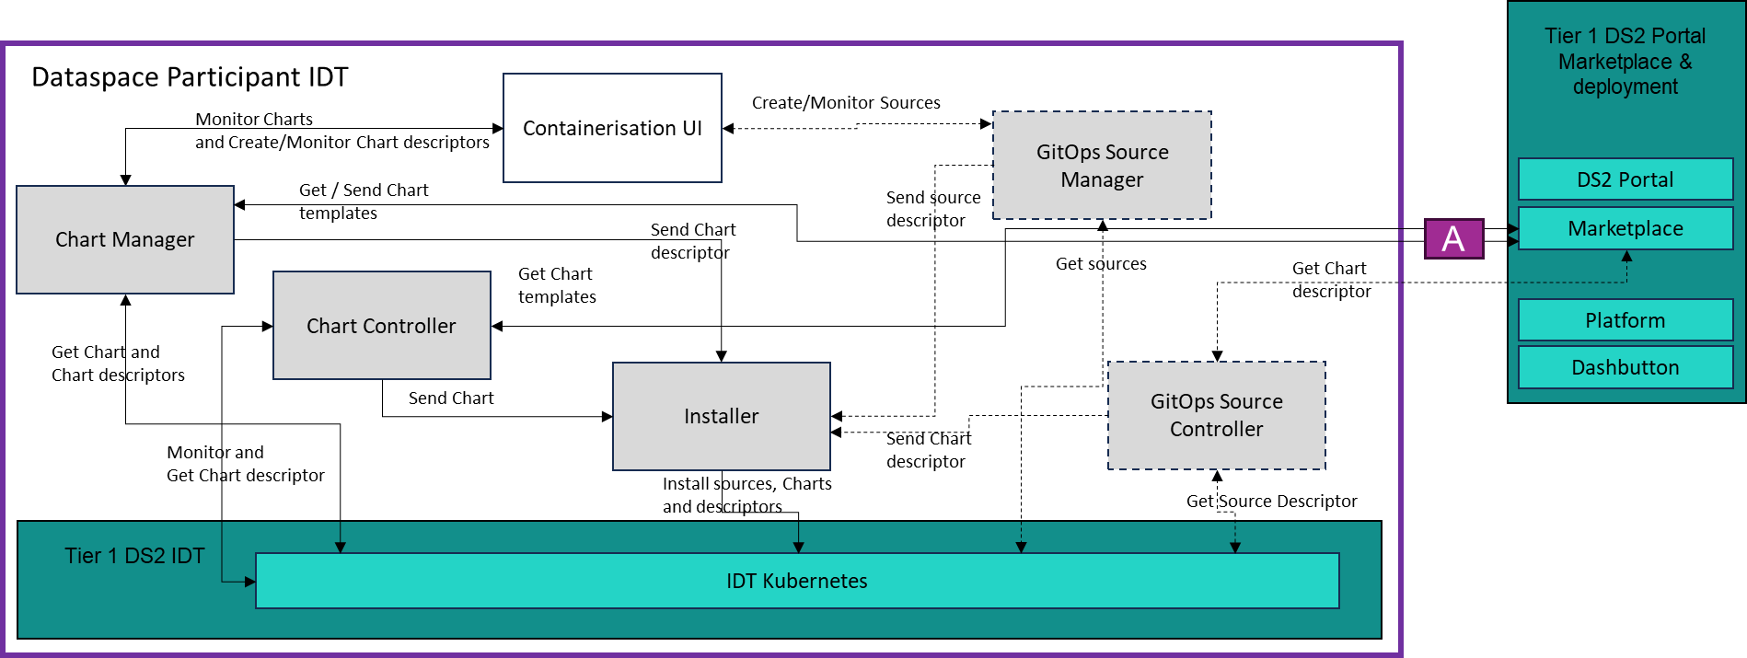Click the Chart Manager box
coord(125,240)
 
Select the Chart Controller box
coord(381,326)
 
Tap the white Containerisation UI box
coord(612,128)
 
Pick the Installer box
coord(721,416)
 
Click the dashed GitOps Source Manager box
coord(1102,166)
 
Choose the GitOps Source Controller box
coord(1216,415)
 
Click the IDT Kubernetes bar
coord(796,581)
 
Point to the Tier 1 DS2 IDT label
coord(134,556)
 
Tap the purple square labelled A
coord(1453,238)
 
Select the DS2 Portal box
coord(1625,179)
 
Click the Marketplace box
coord(1625,228)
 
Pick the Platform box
coord(1625,320)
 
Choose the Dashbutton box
coord(1625,367)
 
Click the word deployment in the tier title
coord(1625,87)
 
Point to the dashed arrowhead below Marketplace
coord(1626,257)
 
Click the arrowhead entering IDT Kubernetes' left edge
coord(249,582)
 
